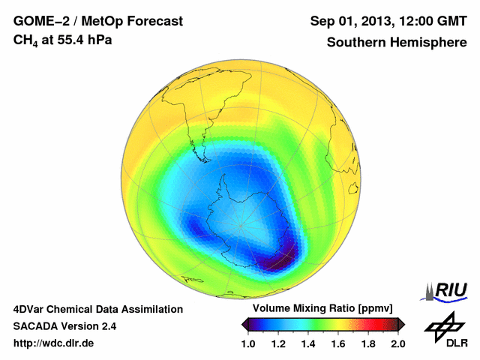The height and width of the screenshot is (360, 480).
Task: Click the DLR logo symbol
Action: point(442,325)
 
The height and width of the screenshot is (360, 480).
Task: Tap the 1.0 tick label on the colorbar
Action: point(249,343)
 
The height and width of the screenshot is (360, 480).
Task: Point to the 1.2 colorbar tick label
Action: point(279,343)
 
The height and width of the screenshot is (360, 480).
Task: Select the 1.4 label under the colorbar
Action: point(308,343)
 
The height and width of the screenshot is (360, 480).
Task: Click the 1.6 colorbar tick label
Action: point(338,343)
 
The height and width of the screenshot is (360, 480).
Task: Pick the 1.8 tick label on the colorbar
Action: point(367,343)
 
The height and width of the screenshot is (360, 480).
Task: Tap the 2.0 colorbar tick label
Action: point(397,343)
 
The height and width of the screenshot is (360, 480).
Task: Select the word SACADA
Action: point(35,326)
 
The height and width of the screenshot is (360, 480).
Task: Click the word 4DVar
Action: point(30,309)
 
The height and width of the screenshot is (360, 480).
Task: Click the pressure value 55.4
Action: point(67,39)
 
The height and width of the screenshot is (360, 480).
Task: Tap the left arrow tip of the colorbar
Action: point(244,324)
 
